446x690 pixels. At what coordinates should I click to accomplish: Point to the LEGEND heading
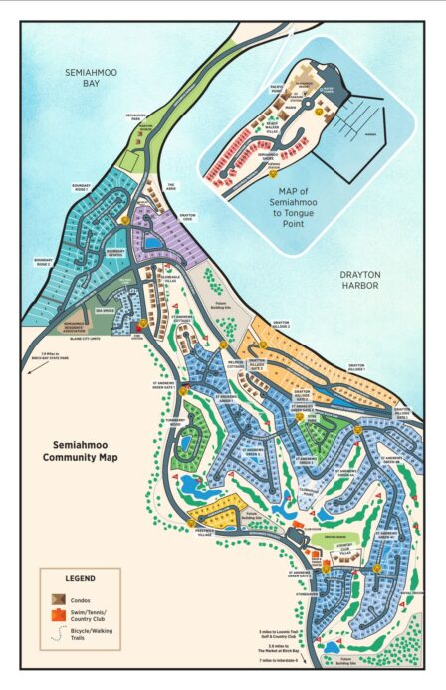tap(80, 577)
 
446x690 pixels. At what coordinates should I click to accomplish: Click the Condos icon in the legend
tap(59, 597)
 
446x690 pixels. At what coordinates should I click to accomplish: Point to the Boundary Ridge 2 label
tap(42, 263)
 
